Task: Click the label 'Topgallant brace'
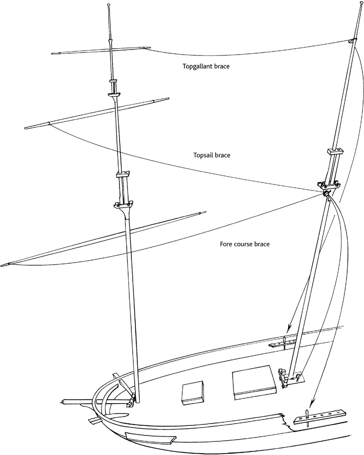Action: tap(206, 66)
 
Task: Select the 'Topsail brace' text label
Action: tap(212, 155)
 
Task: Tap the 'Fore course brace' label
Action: tap(244, 244)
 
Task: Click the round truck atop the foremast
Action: tap(109, 5)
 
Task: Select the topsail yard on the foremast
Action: tap(98, 112)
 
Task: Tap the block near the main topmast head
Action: tap(350, 41)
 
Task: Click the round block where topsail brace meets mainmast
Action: tap(327, 195)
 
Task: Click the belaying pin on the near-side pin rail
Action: tap(307, 415)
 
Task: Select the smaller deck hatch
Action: tap(191, 392)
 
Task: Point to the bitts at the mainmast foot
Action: tap(284, 379)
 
